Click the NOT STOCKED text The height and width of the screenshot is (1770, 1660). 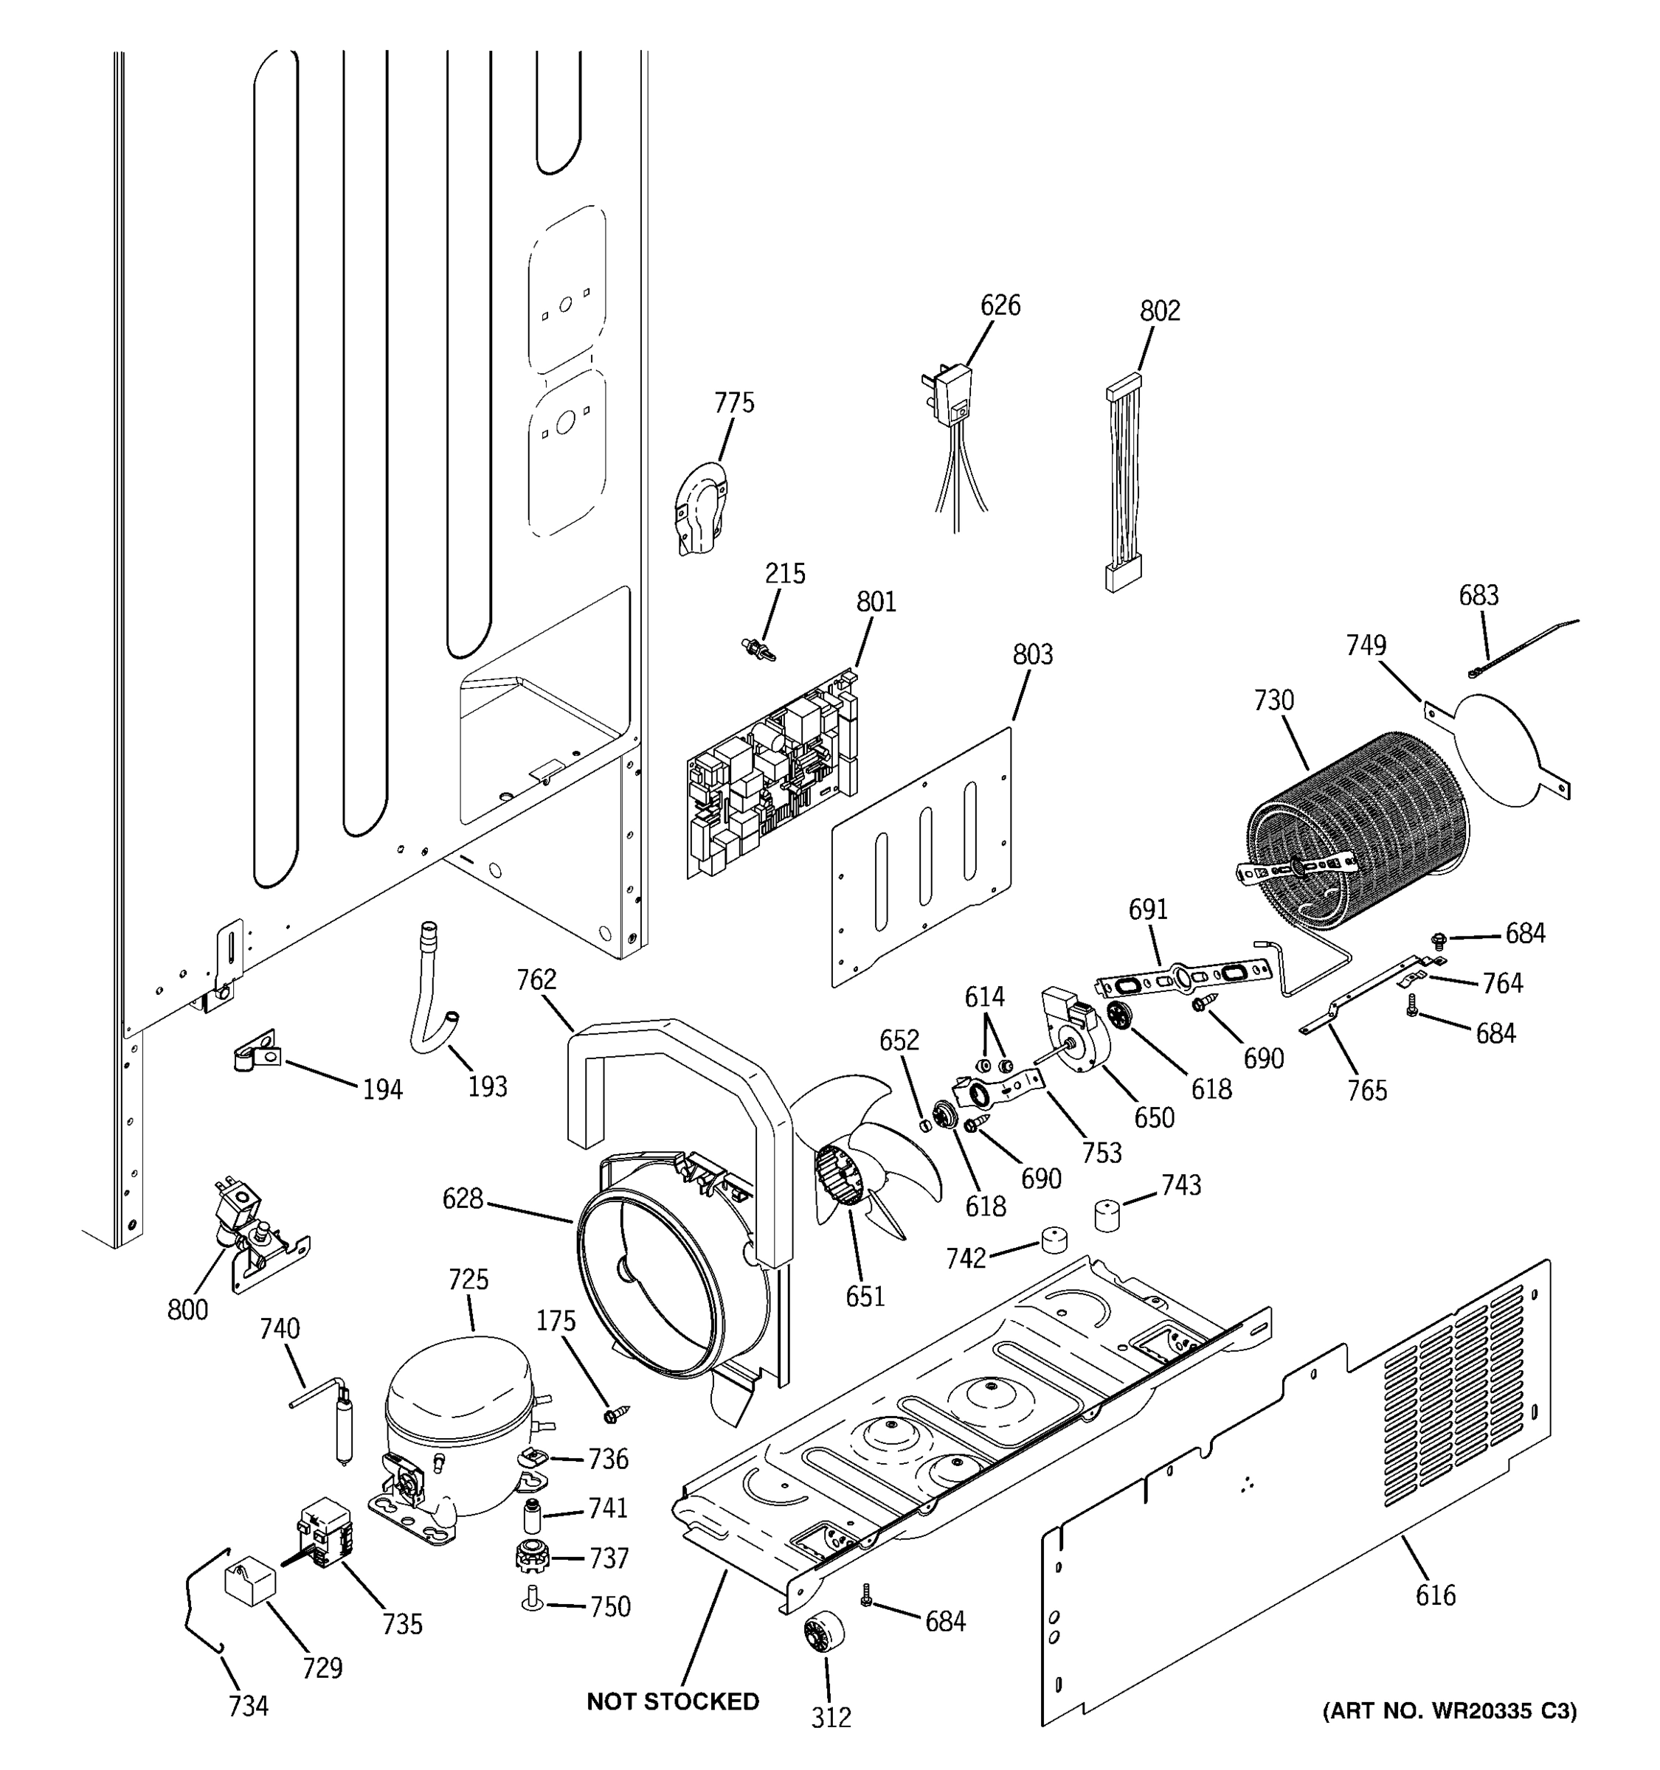(672, 1701)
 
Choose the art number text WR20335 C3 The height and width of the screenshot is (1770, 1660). (1449, 1710)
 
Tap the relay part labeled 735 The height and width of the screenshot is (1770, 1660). (325, 1531)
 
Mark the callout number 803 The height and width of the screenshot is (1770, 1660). (1032, 654)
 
